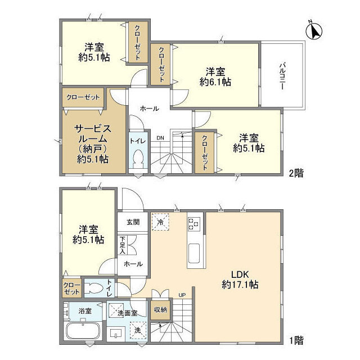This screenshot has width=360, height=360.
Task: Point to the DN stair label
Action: point(160,137)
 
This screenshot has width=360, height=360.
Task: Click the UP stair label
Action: point(181,294)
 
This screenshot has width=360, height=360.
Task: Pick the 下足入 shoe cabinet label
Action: point(123,246)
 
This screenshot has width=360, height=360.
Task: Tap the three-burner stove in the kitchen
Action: point(194,223)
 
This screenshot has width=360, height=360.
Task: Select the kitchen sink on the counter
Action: point(194,254)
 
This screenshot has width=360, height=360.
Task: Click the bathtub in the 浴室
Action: point(82,331)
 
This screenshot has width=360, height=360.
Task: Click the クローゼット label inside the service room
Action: point(83,97)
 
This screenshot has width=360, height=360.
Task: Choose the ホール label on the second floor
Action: point(149,108)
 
